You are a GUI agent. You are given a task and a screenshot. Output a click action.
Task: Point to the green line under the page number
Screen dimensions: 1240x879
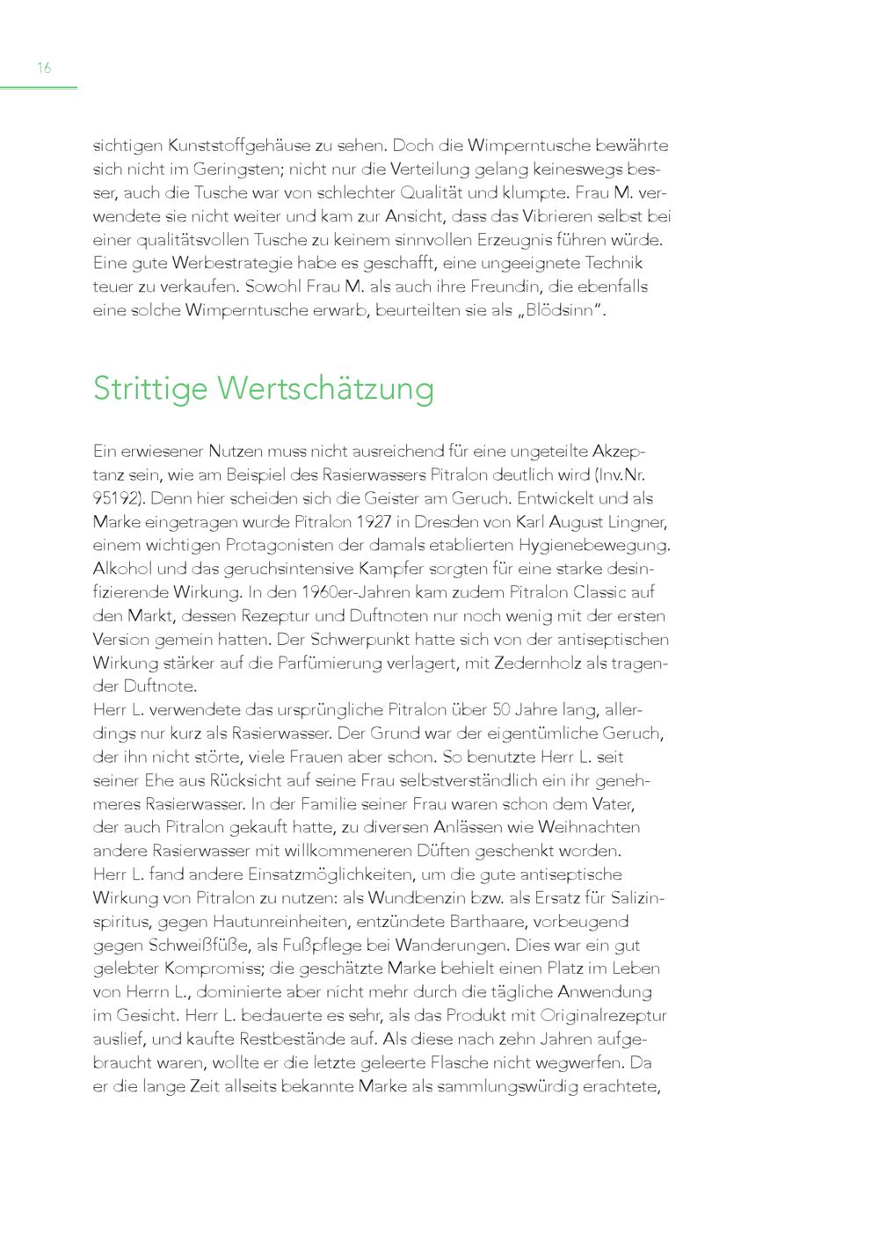coord(39,87)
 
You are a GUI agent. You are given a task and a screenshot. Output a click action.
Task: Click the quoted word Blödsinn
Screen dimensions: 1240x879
coord(561,310)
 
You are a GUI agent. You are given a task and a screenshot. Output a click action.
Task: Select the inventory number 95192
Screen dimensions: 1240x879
coord(114,497)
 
